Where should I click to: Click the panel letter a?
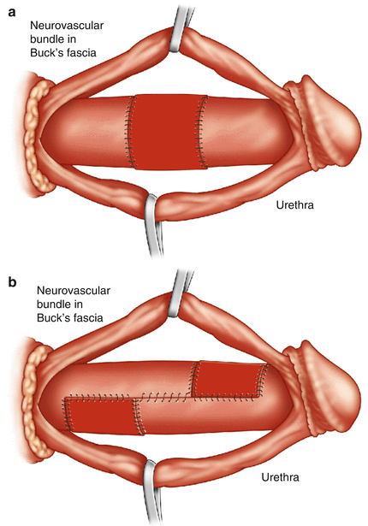(x=12, y=14)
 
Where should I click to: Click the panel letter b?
(x=12, y=281)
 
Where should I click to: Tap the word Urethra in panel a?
(x=294, y=204)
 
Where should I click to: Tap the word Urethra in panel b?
(x=280, y=476)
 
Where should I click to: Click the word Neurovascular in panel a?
(x=67, y=26)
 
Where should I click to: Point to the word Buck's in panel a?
(x=47, y=53)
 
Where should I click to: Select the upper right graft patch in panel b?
(x=228, y=379)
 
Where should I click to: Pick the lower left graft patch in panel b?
(x=103, y=416)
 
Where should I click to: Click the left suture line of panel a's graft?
(x=131, y=132)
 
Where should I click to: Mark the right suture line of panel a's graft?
(x=201, y=132)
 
